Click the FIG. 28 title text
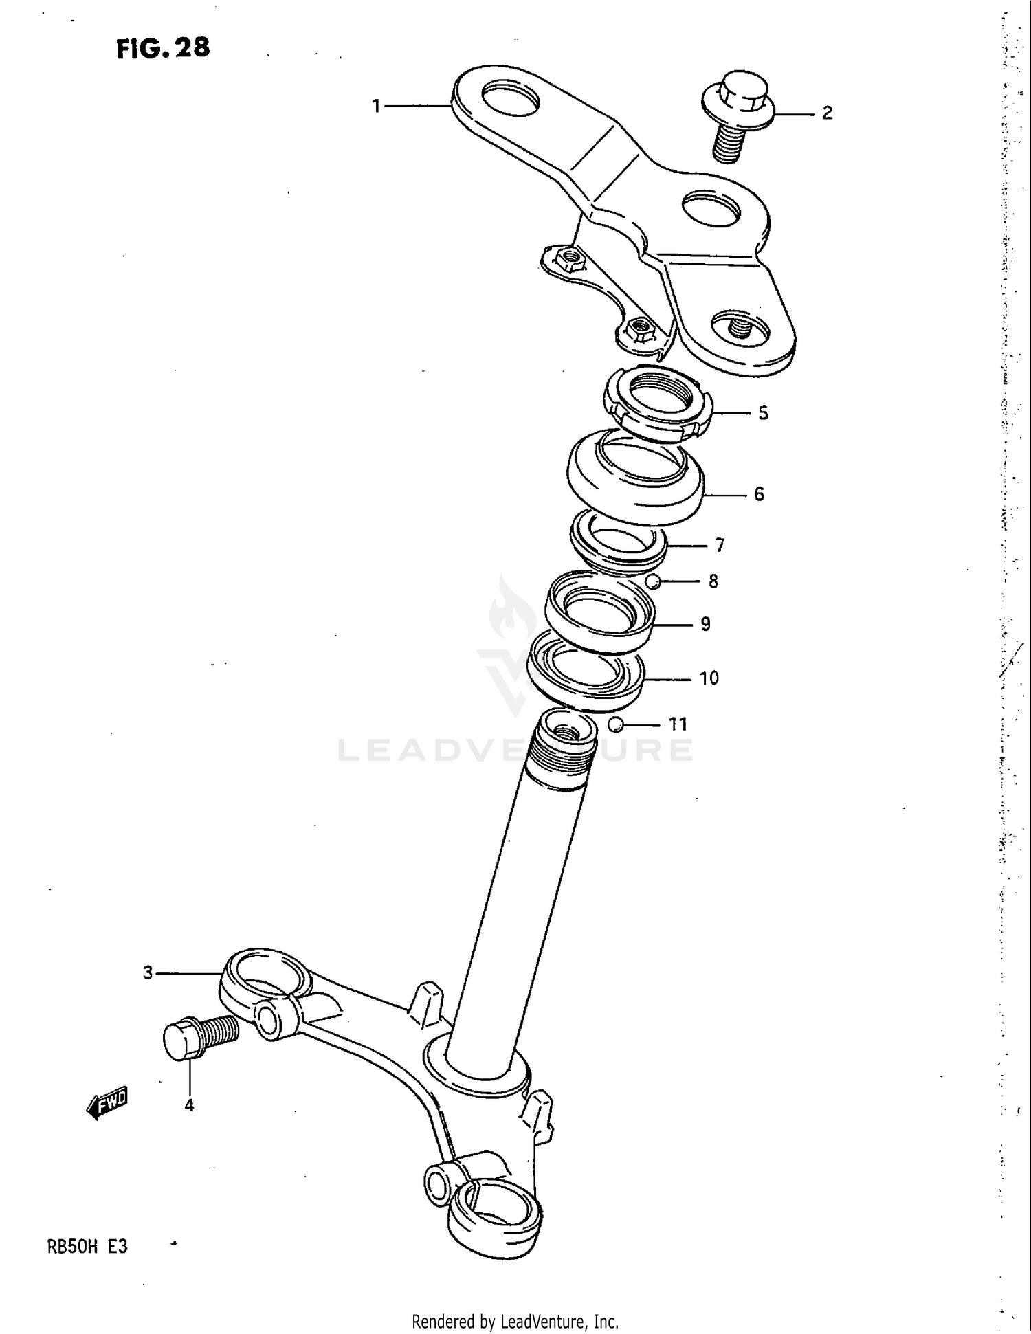click(163, 48)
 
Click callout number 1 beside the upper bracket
click(376, 106)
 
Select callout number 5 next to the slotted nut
click(763, 413)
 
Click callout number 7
click(720, 545)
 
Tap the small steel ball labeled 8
click(653, 581)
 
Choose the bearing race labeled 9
click(599, 611)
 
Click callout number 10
click(709, 678)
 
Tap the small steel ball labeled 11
click(616, 724)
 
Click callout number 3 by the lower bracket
click(148, 973)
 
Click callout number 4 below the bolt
click(189, 1105)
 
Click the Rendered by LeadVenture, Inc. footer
click(515, 1321)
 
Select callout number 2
click(827, 113)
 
